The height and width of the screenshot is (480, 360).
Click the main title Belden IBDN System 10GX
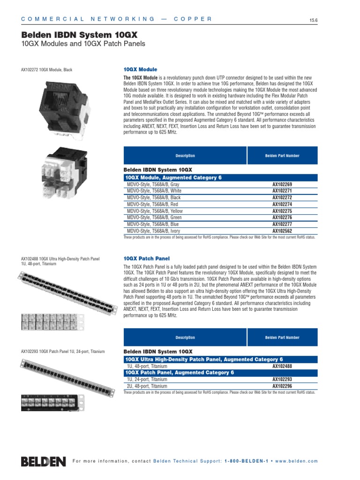pyautogui.click(x=80, y=35)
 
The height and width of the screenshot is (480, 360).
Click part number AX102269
pyautogui.click(x=282, y=185)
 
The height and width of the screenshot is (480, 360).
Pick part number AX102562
pyautogui.click(x=282, y=231)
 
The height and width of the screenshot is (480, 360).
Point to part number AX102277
pyautogui.click(x=282, y=225)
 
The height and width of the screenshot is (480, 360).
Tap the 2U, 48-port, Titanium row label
pyautogui.click(x=147, y=386)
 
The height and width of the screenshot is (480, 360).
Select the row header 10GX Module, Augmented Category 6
pyautogui.click(x=173, y=178)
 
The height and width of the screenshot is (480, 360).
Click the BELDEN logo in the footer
pyautogui.click(x=43, y=461)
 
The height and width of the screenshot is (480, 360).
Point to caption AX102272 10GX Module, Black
pyautogui.click(x=47, y=70)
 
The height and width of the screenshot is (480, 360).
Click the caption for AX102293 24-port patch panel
pyautogui.click(x=62, y=351)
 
